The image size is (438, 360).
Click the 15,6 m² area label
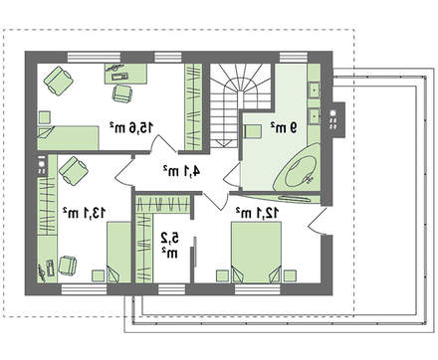[131, 127]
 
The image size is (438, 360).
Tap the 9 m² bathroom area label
[283, 127]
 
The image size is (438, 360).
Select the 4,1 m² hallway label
[181, 171]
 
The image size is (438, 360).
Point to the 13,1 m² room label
[85, 213]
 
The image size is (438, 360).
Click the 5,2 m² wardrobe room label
[170, 245]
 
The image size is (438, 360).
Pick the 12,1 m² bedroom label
[258, 213]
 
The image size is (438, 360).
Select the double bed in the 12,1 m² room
[256, 253]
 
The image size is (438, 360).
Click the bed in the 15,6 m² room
[68, 137]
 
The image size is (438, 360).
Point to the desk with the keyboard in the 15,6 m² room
[126, 74]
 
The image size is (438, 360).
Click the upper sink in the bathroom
[314, 90]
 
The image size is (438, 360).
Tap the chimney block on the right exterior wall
[337, 118]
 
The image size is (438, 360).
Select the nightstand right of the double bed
[290, 275]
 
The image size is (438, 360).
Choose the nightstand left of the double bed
[222, 275]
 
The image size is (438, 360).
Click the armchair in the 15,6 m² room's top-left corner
[58, 81]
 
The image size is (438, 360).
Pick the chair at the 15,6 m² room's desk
[122, 93]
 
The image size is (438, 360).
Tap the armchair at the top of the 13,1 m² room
[74, 171]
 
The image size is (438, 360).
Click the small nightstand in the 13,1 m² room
[98, 275]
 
